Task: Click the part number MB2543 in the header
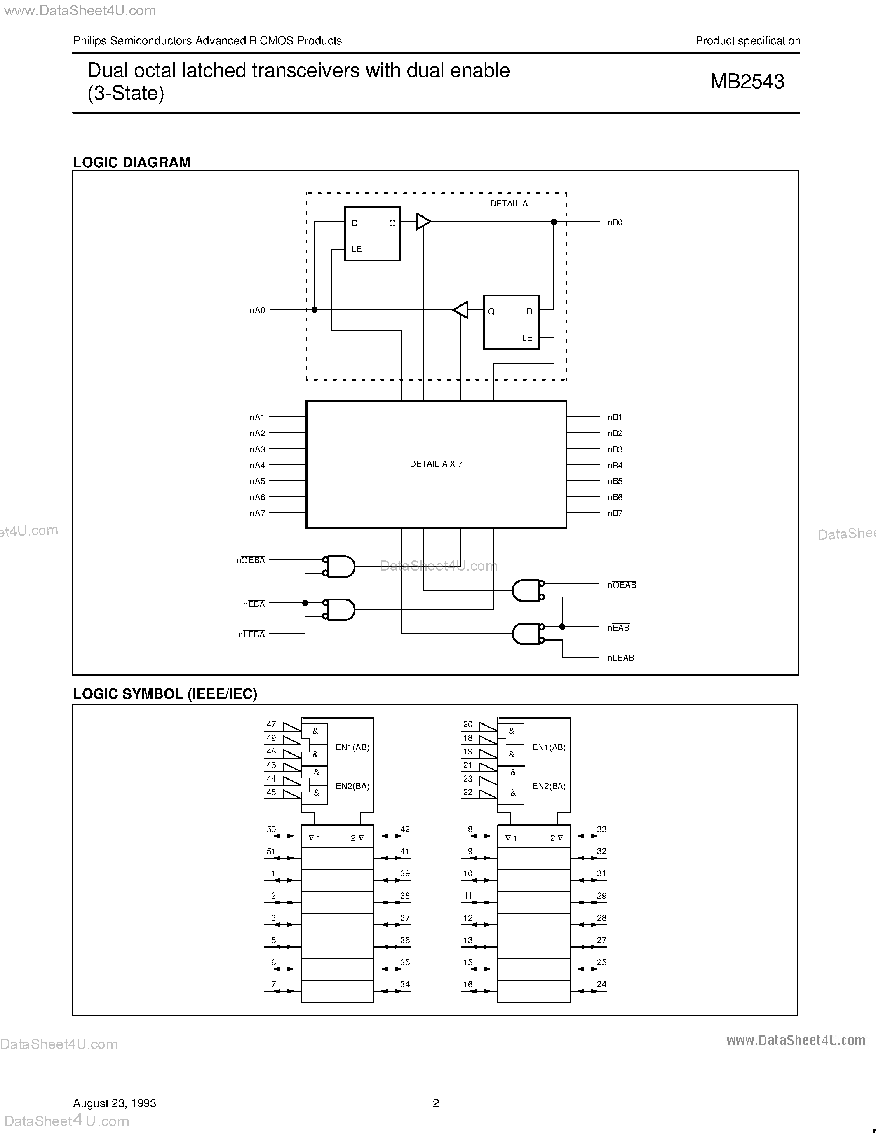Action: point(747,82)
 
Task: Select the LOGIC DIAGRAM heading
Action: point(132,162)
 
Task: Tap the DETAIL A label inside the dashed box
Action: point(509,204)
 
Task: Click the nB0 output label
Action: point(615,222)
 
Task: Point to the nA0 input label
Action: point(257,310)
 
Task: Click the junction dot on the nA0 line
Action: point(315,310)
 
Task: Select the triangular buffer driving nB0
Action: point(423,222)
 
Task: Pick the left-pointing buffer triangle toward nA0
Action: point(461,310)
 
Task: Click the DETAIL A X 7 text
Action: point(436,464)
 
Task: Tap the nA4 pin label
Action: point(257,465)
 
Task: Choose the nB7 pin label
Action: point(615,513)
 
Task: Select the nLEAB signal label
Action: point(621,658)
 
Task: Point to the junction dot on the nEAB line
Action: point(562,627)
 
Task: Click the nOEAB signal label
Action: point(621,585)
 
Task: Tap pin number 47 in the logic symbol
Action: point(271,724)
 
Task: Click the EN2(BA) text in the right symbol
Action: point(549,786)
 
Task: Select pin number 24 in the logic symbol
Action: point(601,984)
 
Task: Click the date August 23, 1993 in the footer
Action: point(115,1103)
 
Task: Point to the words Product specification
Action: point(747,40)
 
